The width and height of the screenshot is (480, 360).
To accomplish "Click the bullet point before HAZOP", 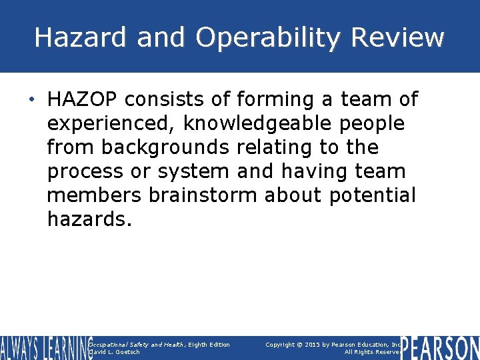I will point(33,100).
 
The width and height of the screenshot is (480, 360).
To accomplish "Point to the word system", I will point(193,171).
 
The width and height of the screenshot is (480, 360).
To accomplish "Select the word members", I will point(94,195).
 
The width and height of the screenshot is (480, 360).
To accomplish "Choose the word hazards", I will point(89,219).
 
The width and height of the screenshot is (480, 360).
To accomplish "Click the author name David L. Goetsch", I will point(115,352).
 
